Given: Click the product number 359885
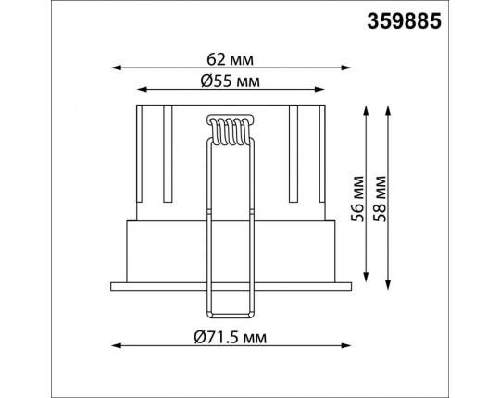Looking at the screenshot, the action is (x=404, y=21).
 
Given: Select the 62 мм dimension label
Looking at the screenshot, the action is (x=231, y=59).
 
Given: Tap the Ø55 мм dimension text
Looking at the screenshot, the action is (x=231, y=81).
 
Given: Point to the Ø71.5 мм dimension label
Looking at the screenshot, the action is (x=231, y=337).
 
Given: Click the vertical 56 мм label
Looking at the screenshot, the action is (x=357, y=198).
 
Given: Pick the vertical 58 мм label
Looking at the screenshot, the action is (x=380, y=198).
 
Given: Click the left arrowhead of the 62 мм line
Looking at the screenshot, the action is (x=116, y=68).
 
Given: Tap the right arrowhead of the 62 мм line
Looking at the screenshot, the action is (x=346, y=68).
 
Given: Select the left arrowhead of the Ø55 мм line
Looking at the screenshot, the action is (x=142, y=90).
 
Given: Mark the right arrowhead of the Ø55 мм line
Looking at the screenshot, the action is (x=319, y=90).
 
